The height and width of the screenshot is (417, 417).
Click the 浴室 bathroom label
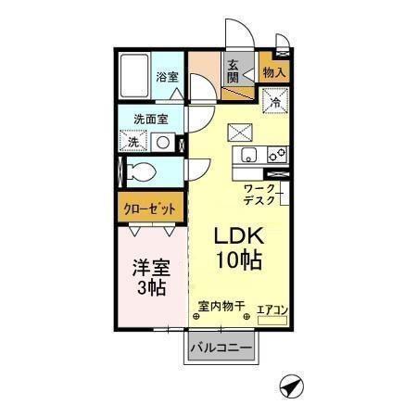tap(167, 76)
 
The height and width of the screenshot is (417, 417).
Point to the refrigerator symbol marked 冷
tap(275, 101)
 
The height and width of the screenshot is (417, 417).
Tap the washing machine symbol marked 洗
tap(133, 143)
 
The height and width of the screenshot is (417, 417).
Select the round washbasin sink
tap(163, 143)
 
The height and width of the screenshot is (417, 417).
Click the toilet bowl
tap(145, 172)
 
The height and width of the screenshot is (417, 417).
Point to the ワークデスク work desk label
tap(259, 194)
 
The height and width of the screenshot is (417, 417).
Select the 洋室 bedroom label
tap(149, 268)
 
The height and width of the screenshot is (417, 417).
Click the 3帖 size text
tap(150, 288)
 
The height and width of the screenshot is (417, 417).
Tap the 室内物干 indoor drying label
tap(221, 305)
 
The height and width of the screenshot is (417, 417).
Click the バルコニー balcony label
tap(221, 348)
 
